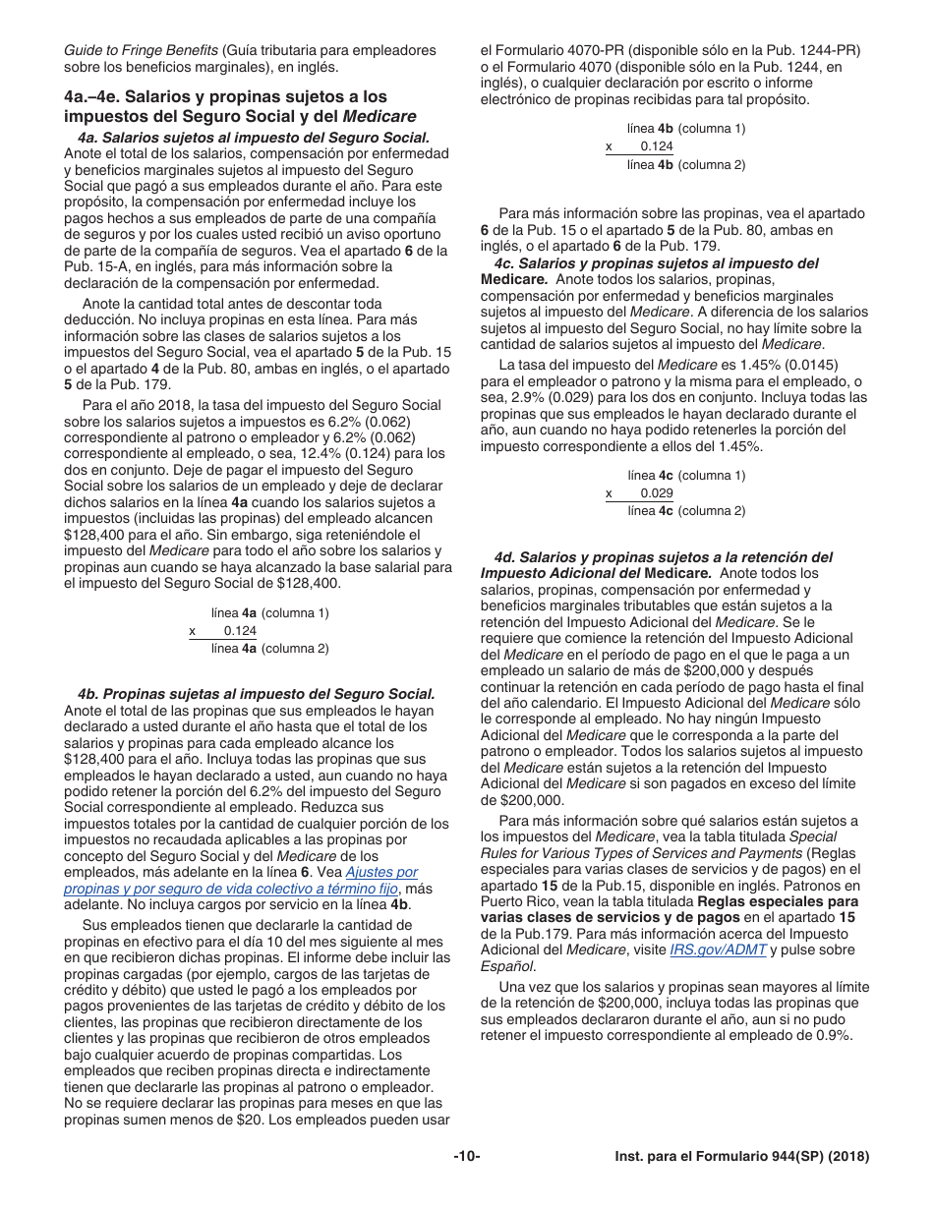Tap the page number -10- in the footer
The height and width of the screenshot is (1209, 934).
(467, 1157)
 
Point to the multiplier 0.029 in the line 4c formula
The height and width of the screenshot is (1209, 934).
(656, 493)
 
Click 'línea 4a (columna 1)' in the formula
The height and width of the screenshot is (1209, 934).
(269, 612)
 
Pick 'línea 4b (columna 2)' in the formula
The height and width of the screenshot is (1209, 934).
(686, 164)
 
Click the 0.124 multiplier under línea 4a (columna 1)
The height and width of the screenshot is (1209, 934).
(240, 631)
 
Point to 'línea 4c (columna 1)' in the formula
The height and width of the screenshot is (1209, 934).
(686, 475)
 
